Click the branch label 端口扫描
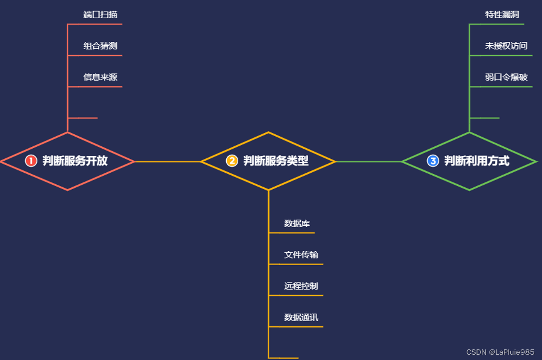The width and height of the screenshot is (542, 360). [100, 14]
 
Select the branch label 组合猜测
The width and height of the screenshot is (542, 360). [100, 46]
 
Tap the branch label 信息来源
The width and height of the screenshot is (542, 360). [100, 77]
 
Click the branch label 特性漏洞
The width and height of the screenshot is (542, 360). [502, 14]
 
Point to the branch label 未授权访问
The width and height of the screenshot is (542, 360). [506, 46]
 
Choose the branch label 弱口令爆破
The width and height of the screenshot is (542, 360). [506, 77]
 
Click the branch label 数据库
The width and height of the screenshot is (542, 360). [297, 223]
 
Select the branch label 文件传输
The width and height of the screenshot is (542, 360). [301, 255]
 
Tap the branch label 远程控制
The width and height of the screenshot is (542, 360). [301, 286]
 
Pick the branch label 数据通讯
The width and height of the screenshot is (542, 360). [301, 317]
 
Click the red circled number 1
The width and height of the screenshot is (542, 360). [31, 161]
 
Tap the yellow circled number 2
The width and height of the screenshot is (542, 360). [232, 161]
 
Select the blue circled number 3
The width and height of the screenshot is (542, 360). [433, 161]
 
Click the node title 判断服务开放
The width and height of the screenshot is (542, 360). [75, 161]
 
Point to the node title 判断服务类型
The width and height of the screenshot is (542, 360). [276, 161]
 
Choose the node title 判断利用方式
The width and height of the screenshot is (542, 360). [477, 161]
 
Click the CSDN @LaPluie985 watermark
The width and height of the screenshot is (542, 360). [500, 352]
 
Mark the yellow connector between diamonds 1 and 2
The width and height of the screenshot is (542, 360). [168, 162]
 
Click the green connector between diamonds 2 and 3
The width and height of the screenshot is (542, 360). [368, 162]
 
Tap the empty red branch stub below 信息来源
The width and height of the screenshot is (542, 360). [83, 117]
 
